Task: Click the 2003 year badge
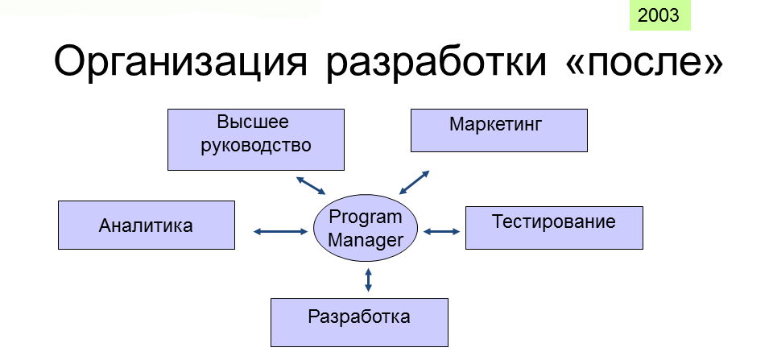coord(659,15)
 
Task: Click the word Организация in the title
coord(180,62)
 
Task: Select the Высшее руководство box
coord(256,139)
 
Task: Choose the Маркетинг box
coord(499,130)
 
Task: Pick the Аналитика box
coord(147,225)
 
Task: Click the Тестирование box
coord(554,228)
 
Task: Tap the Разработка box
coord(359,322)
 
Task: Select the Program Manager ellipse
coord(366,228)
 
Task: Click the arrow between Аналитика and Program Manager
coord(280,231)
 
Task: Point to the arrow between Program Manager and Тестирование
coord(442,231)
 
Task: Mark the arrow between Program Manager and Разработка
coord(368,279)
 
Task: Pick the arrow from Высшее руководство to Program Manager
coord(311,185)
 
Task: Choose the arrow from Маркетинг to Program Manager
coord(414,183)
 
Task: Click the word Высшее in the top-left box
coord(253,122)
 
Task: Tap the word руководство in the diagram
coord(256,146)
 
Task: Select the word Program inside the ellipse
coord(366,217)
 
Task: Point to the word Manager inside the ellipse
coord(366,241)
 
